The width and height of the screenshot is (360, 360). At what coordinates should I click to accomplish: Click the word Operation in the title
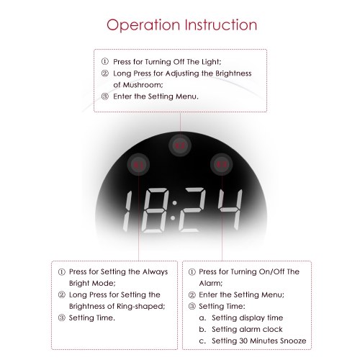143,25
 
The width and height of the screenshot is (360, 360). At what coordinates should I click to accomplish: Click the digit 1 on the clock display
127,211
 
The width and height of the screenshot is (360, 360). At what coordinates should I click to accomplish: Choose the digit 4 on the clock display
230,210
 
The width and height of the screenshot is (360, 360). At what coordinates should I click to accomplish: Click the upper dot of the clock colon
175,203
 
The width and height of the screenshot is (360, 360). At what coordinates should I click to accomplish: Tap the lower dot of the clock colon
173,218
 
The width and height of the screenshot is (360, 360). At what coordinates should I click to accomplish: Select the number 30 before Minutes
243,341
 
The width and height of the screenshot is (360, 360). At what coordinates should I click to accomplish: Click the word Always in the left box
155,272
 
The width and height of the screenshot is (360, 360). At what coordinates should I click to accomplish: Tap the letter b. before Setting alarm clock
202,329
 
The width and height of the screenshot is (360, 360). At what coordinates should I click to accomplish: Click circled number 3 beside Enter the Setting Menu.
105,96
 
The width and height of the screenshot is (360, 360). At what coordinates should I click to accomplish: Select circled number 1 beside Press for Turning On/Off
192,272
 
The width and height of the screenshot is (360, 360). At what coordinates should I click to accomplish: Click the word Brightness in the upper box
233,73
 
